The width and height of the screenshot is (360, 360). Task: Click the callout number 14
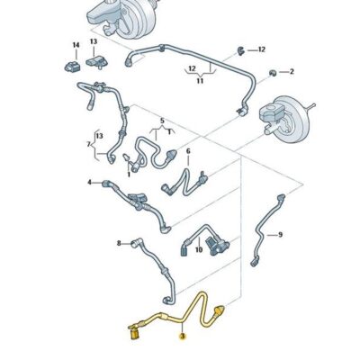(x=76, y=44)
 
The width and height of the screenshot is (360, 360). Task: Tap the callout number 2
(x=292, y=70)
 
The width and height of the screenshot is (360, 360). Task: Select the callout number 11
(x=201, y=81)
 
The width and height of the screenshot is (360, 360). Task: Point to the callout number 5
(x=162, y=120)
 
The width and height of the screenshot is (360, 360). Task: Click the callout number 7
(x=88, y=144)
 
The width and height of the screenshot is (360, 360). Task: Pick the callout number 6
(x=188, y=151)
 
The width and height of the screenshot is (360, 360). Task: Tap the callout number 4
(x=90, y=183)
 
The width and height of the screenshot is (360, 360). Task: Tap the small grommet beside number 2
(x=272, y=70)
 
